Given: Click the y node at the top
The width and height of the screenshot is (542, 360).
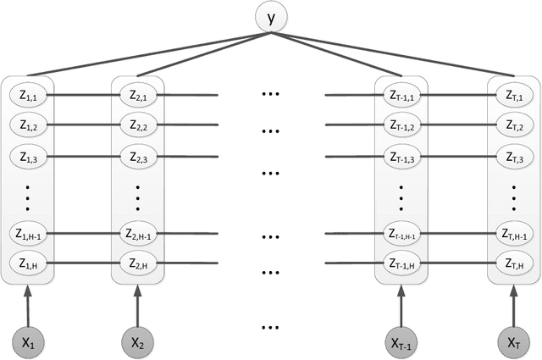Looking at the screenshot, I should coord(271,15).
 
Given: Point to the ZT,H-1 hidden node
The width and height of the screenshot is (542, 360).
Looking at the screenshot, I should coord(512,234).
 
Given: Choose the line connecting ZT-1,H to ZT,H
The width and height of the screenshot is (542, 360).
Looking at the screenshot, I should coord(457,264).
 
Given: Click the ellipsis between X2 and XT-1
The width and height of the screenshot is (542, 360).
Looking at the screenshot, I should coord(271,325).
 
